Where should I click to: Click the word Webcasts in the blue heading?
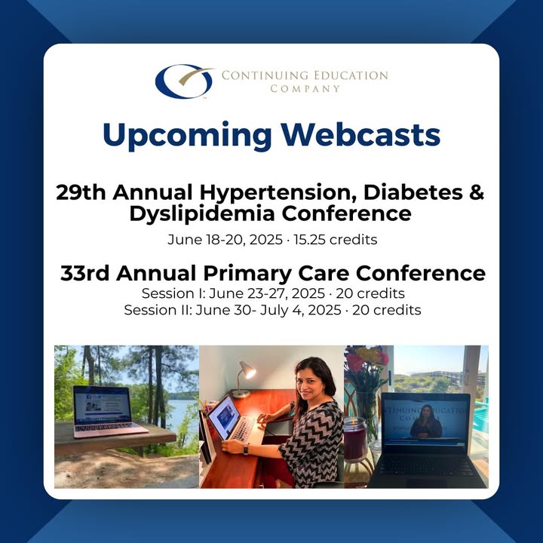coord(360,134)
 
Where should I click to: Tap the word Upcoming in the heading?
coord(187,136)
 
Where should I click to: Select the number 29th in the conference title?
coord(81,192)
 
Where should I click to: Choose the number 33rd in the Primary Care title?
coord(84,273)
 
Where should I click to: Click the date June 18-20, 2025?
coord(225,240)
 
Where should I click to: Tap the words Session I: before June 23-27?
coord(173,293)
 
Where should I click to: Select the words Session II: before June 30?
coord(158,310)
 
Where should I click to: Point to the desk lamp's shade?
coord(247,370)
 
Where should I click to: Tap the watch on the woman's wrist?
coord(246,449)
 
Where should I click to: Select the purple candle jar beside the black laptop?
coord(355,440)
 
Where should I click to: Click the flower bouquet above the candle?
coord(367,367)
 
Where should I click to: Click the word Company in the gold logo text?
coord(305,89)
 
